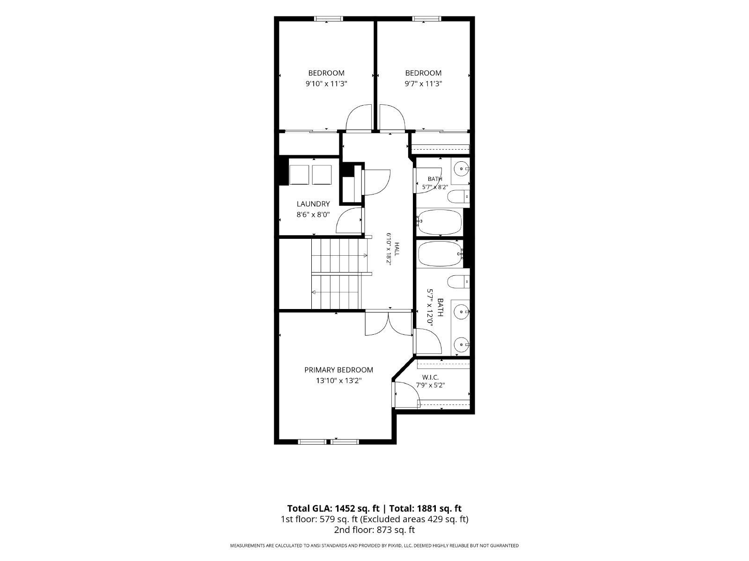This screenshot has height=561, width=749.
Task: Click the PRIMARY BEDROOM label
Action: [x=338, y=370]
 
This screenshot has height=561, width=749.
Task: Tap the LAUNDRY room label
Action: [x=313, y=204]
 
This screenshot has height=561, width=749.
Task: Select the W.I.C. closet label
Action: [x=430, y=377]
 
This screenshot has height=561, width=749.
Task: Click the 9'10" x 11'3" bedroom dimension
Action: [x=327, y=84]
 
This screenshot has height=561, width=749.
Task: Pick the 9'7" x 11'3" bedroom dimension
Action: [x=424, y=84]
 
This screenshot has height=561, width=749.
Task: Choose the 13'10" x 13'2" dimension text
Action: [x=339, y=381]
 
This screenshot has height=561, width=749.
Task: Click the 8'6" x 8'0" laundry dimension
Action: [x=313, y=215]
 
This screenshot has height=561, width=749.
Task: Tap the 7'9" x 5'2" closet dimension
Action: [x=430, y=386]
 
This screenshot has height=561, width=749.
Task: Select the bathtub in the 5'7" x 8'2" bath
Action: [x=440, y=222]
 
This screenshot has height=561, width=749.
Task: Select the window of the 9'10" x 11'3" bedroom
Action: [x=329, y=19]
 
